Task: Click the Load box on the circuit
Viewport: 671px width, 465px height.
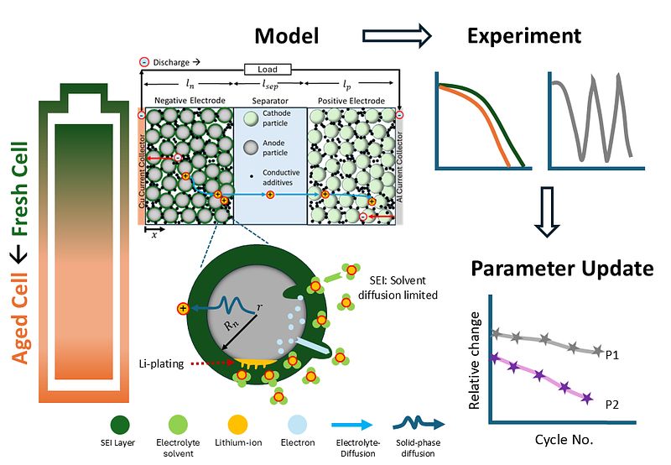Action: tap(268, 69)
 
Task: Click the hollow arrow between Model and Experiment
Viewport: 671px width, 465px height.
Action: tap(397, 35)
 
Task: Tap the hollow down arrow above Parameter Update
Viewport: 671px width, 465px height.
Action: tap(547, 212)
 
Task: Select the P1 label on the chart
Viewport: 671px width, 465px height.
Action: tap(612, 355)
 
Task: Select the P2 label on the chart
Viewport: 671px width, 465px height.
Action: tap(612, 405)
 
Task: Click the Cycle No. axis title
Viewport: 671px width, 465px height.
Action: tap(564, 439)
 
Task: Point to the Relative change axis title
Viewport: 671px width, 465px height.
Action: tap(474, 361)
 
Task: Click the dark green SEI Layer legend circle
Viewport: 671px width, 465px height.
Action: tap(120, 426)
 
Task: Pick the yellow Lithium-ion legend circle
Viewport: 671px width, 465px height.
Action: tap(237, 426)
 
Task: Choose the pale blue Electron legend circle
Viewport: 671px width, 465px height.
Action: tap(298, 426)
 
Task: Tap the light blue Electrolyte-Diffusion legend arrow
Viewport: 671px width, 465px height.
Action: tap(351, 425)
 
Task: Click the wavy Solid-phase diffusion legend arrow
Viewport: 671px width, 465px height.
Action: tap(419, 424)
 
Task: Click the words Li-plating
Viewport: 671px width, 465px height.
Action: tap(161, 364)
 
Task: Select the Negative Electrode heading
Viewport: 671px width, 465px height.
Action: tap(190, 100)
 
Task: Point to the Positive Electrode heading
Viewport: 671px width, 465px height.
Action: tap(351, 101)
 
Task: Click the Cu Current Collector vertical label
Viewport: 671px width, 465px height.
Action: tap(142, 171)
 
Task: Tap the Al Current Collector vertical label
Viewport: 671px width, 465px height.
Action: tap(399, 166)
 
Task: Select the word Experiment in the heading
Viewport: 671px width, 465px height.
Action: tap(523, 36)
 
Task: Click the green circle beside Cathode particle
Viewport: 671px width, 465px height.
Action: tap(251, 118)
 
